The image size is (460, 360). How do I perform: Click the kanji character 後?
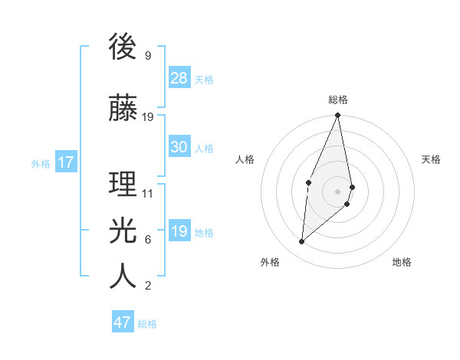(x=123, y=47)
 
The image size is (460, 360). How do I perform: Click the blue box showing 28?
(x=179, y=78)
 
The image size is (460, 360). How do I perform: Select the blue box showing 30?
(x=179, y=147)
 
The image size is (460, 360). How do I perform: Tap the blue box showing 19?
(x=179, y=231)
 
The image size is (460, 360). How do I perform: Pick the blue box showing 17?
(x=65, y=162)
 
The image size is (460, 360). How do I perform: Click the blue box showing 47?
(x=123, y=322)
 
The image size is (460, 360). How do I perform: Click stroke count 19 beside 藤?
(x=148, y=117)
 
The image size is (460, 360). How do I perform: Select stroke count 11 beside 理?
(x=148, y=194)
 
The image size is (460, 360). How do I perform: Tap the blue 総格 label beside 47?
(x=147, y=324)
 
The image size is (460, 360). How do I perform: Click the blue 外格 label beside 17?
(x=41, y=163)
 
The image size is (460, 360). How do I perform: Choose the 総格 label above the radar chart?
(x=338, y=100)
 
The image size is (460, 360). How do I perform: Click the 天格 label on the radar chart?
(x=431, y=159)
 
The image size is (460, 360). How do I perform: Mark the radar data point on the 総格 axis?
(x=338, y=116)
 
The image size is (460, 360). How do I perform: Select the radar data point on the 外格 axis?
(x=302, y=241)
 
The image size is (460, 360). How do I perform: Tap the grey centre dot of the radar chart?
(x=338, y=191)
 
